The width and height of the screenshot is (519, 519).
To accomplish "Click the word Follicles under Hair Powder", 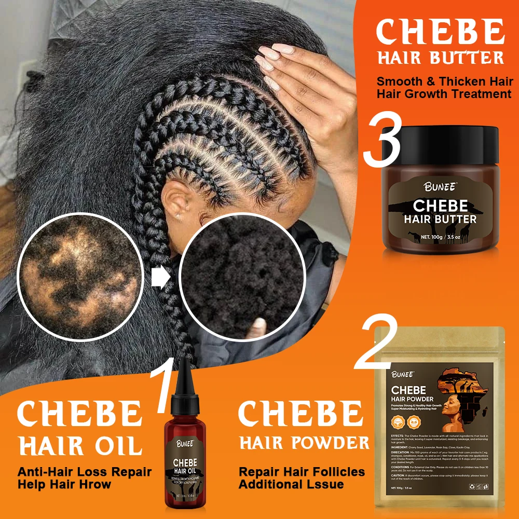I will click(x=340, y=472).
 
